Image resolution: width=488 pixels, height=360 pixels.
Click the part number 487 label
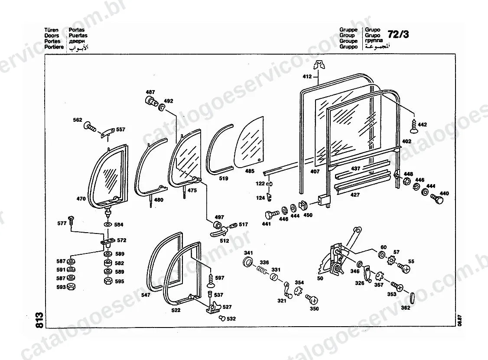click(x=150, y=92)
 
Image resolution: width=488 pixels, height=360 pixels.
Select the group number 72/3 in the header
click(x=398, y=34)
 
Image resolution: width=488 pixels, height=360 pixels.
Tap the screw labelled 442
click(x=413, y=125)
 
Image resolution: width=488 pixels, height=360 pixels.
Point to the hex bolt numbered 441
click(x=271, y=215)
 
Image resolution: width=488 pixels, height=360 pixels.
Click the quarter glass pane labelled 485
click(x=249, y=143)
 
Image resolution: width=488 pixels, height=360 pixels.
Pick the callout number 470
click(x=81, y=198)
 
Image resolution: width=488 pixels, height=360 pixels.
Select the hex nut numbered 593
click(x=71, y=286)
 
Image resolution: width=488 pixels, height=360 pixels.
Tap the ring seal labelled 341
click(x=248, y=262)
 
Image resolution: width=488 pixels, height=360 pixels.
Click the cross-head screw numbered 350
click(x=312, y=300)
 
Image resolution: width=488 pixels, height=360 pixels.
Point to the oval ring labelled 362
click(x=413, y=298)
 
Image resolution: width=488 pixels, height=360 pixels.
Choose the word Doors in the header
click(x=51, y=36)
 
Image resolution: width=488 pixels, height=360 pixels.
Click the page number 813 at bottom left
click(x=39, y=320)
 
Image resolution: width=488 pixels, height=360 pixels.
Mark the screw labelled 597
click(x=210, y=280)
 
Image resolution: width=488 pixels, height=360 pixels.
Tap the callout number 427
click(x=355, y=195)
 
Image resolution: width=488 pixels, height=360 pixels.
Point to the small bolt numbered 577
click(x=70, y=221)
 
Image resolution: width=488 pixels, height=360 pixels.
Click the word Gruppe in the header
click(x=348, y=29)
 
